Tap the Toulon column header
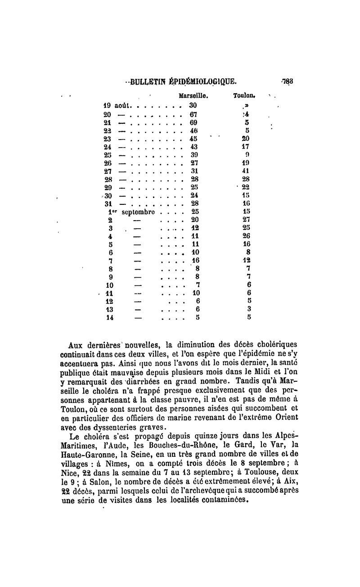(244, 96)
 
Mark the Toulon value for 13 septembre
(249, 309)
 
